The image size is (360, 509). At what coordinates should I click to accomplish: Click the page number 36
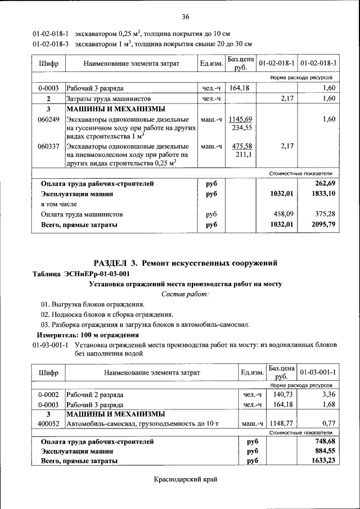pyautogui.click(x=185, y=15)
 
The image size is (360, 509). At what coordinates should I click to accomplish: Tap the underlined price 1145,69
pyautogui.click(x=240, y=119)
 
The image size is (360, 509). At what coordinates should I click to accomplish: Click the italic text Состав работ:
pyautogui.click(x=185, y=294)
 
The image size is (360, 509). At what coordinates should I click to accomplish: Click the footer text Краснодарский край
pyautogui.click(x=185, y=479)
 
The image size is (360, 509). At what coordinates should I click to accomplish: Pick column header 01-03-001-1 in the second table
pyautogui.click(x=318, y=372)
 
